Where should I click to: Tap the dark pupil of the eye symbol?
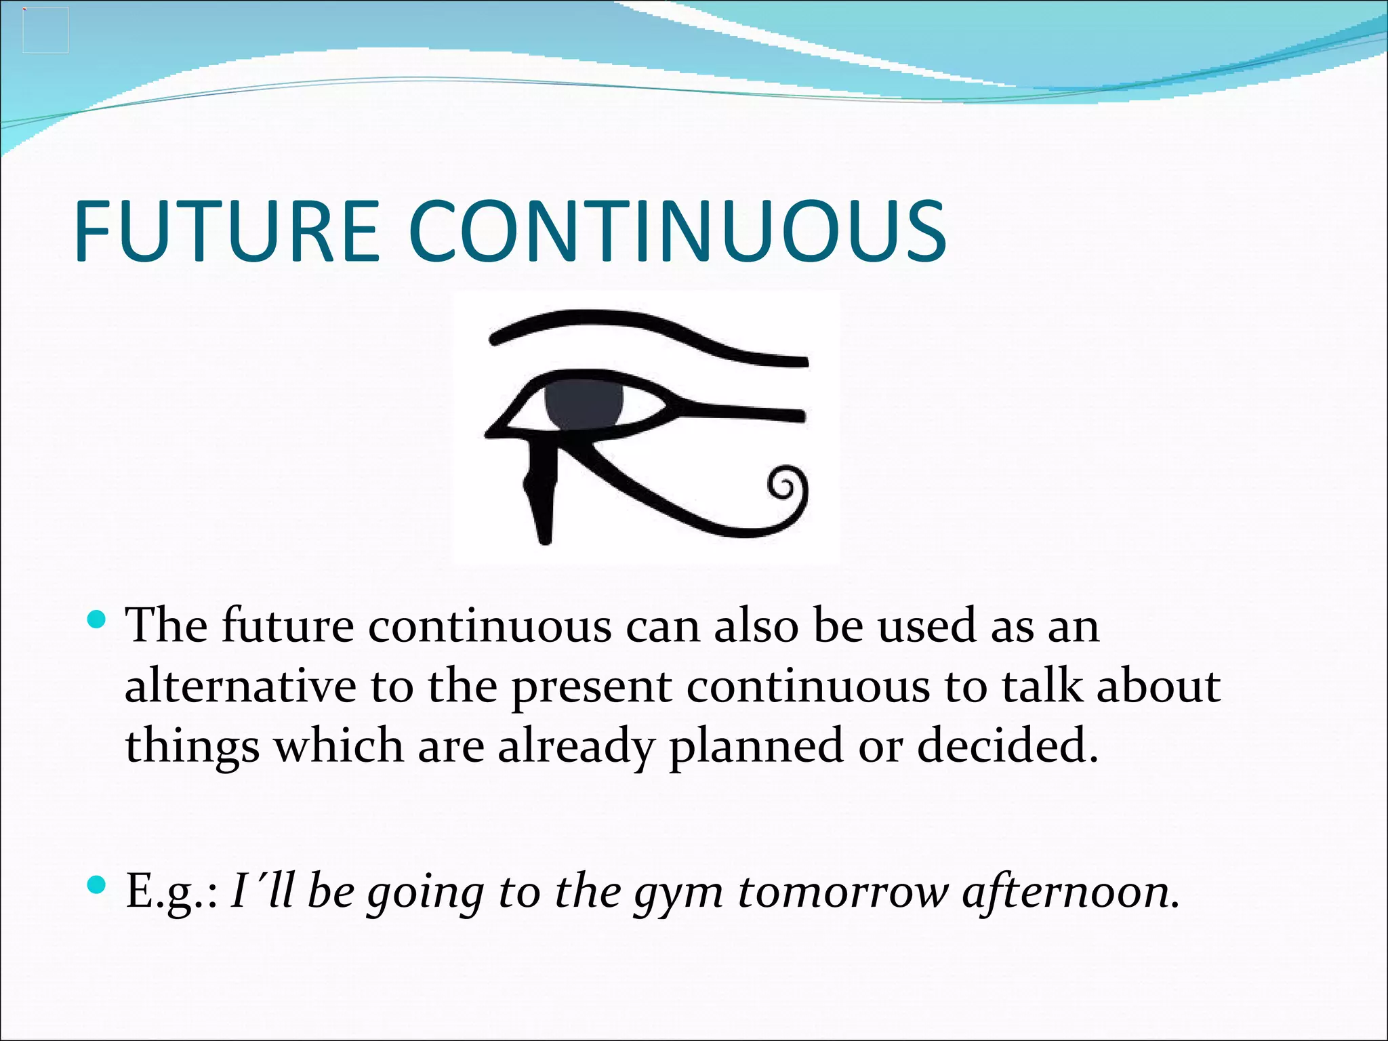point(584,404)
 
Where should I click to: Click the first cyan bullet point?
point(98,619)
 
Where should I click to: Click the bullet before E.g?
point(98,884)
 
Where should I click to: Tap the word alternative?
point(241,686)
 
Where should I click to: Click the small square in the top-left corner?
point(45,30)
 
